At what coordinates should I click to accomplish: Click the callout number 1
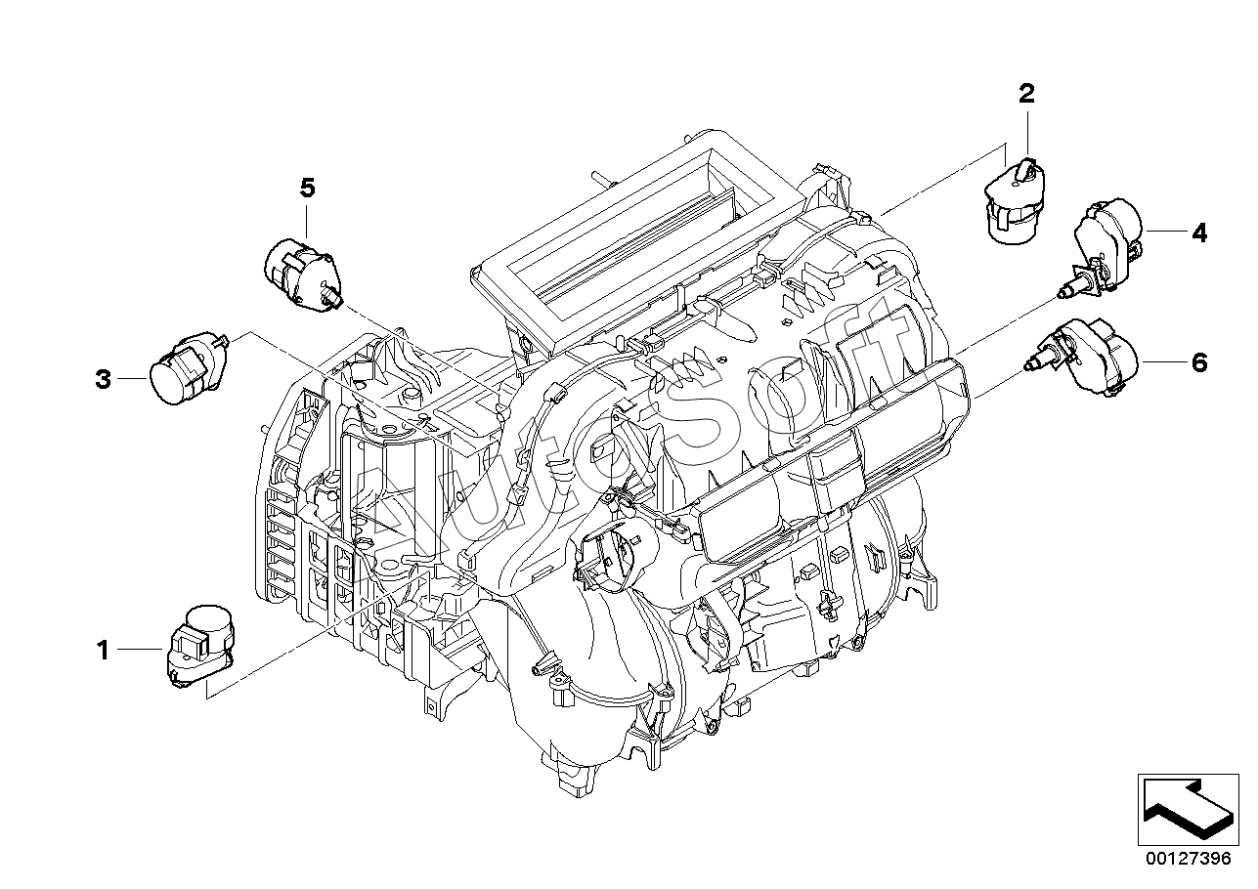pos(103,649)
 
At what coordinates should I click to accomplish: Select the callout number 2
pos(1025,95)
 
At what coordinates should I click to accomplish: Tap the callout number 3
pos(103,378)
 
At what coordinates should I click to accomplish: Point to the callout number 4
pos(1198,233)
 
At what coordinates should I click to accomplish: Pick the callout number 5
pos(307,189)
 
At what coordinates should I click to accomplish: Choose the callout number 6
pos(1198,362)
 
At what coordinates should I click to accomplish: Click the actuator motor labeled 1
pos(200,646)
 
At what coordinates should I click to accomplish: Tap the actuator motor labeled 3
pos(186,367)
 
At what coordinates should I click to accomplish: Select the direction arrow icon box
pos(1186,807)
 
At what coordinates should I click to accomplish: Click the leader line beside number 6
pos(1162,361)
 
